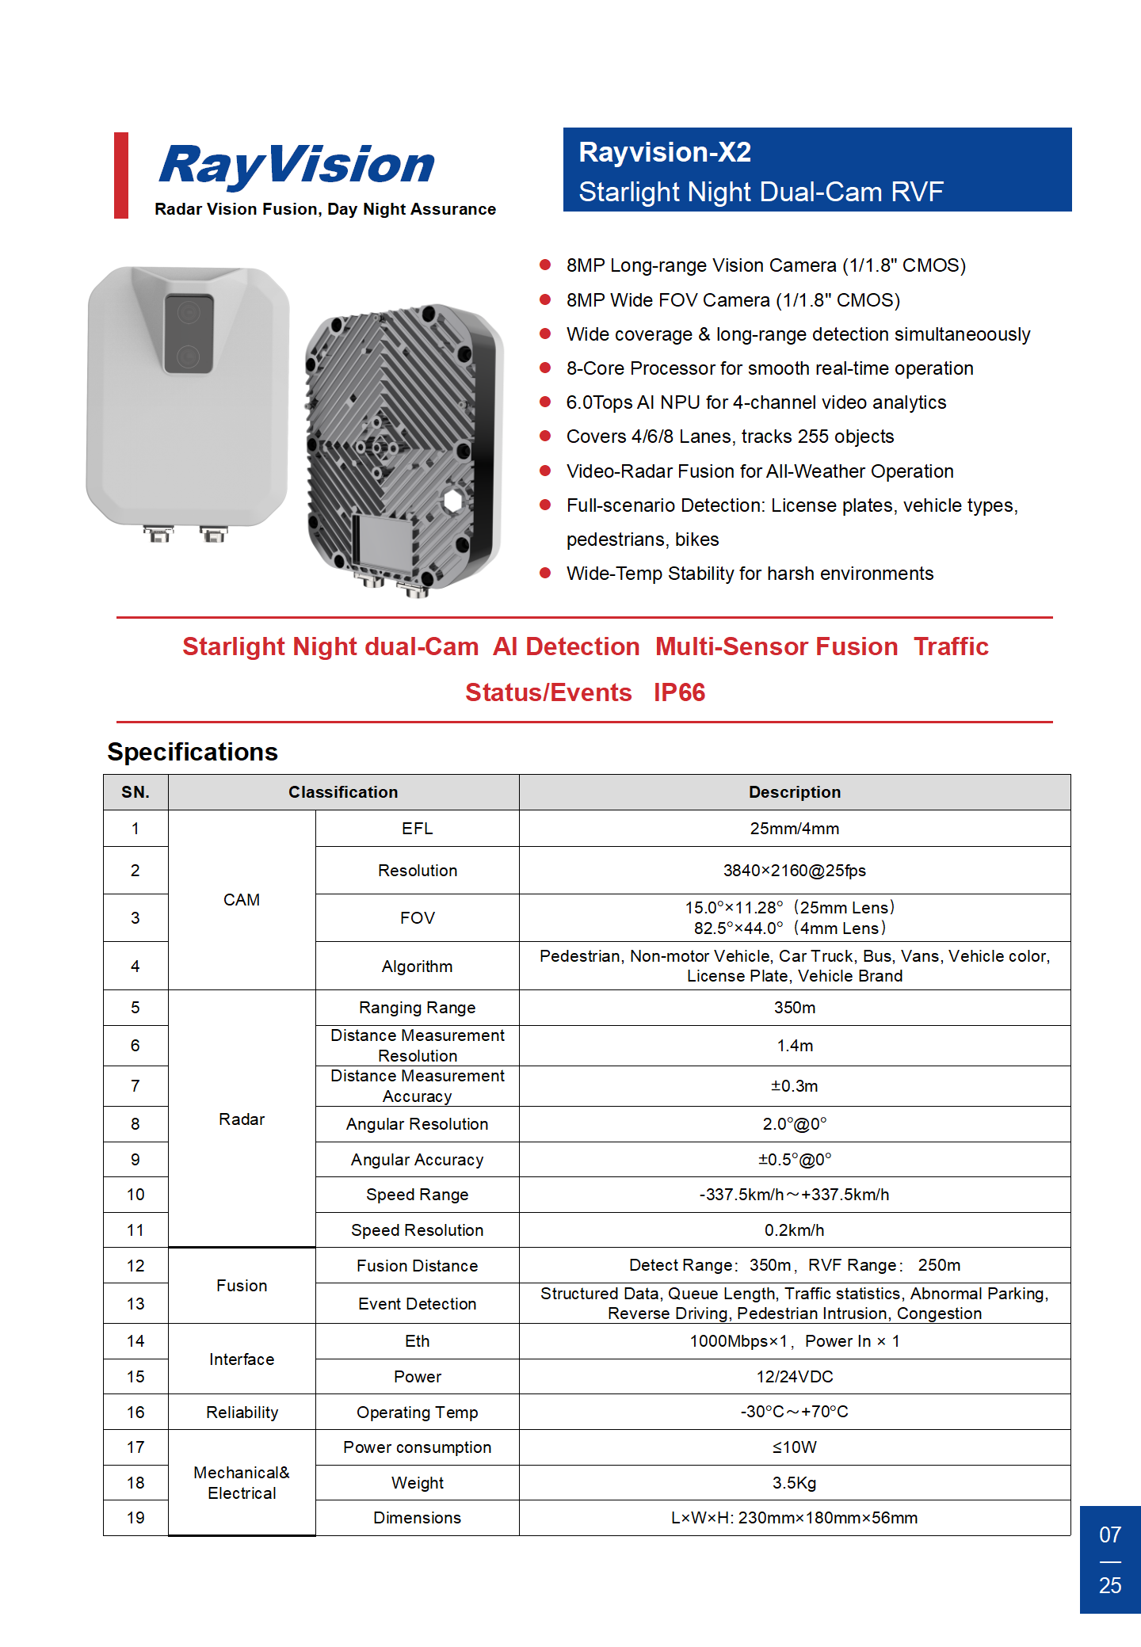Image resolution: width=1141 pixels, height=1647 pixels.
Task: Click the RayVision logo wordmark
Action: (297, 165)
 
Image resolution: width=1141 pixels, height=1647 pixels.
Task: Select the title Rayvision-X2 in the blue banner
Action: (665, 152)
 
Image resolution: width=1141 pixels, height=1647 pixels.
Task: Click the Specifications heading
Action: (193, 752)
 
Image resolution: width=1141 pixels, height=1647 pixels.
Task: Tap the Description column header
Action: (794, 792)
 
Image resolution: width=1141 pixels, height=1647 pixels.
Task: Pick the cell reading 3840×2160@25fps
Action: (794, 871)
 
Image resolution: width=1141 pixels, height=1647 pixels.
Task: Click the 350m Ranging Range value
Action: (794, 1008)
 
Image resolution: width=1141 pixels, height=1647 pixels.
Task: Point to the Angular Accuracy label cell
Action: (417, 1160)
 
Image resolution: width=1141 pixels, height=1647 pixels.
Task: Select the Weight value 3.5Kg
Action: (794, 1483)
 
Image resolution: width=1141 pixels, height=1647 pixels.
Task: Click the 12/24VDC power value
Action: (794, 1377)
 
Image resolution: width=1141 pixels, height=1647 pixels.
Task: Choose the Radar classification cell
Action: (242, 1119)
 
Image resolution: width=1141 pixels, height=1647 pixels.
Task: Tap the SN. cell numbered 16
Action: (135, 1413)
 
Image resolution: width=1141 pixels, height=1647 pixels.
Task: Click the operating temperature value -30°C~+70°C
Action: (794, 1412)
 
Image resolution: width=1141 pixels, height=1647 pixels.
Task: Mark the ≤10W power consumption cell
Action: (794, 1447)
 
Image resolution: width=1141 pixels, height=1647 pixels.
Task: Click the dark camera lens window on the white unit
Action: (189, 334)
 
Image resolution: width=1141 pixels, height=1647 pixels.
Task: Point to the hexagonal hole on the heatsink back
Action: (452, 501)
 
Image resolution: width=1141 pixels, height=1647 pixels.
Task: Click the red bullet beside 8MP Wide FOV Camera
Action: (545, 299)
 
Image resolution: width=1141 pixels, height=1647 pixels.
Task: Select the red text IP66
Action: (679, 692)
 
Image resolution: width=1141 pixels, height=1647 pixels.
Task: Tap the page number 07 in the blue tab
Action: (1110, 1535)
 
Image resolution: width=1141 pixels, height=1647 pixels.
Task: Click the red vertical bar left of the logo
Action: (121, 175)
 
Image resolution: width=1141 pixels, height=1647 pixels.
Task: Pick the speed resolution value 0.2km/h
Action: (794, 1230)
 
